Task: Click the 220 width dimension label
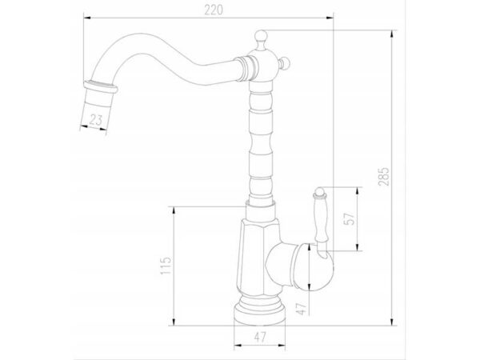(x=214, y=10)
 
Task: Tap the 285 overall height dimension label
(x=383, y=176)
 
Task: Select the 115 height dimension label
(x=166, y=266)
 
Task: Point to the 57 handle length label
(x=350, y=218)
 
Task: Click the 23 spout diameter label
(x=95, y=119)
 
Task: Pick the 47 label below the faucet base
(x=260, y=337)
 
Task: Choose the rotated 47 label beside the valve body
(x=302, y=309)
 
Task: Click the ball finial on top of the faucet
(x=261, y=35)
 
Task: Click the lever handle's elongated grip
(x=320, y=218)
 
